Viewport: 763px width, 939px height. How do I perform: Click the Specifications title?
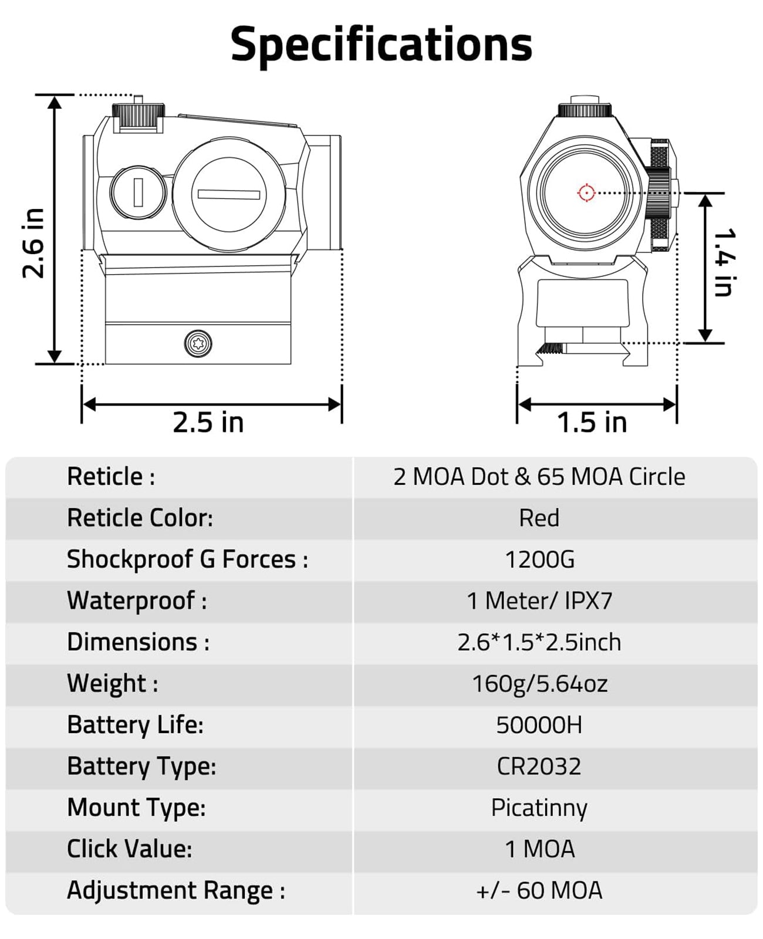click(381, 45)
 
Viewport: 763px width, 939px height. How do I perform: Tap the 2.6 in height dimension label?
click(33, 243)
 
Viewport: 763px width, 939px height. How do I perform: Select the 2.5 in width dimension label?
click(208, 422)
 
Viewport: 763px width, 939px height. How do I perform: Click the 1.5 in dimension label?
click(592, 422)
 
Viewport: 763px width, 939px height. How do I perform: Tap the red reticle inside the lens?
click(586, 192)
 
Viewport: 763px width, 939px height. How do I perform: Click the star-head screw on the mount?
click(198, 343)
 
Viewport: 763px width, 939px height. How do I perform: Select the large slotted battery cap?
click(229, 194)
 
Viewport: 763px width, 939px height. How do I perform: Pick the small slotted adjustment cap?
click(138, 192)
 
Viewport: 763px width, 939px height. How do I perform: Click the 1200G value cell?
click(539, 559)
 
